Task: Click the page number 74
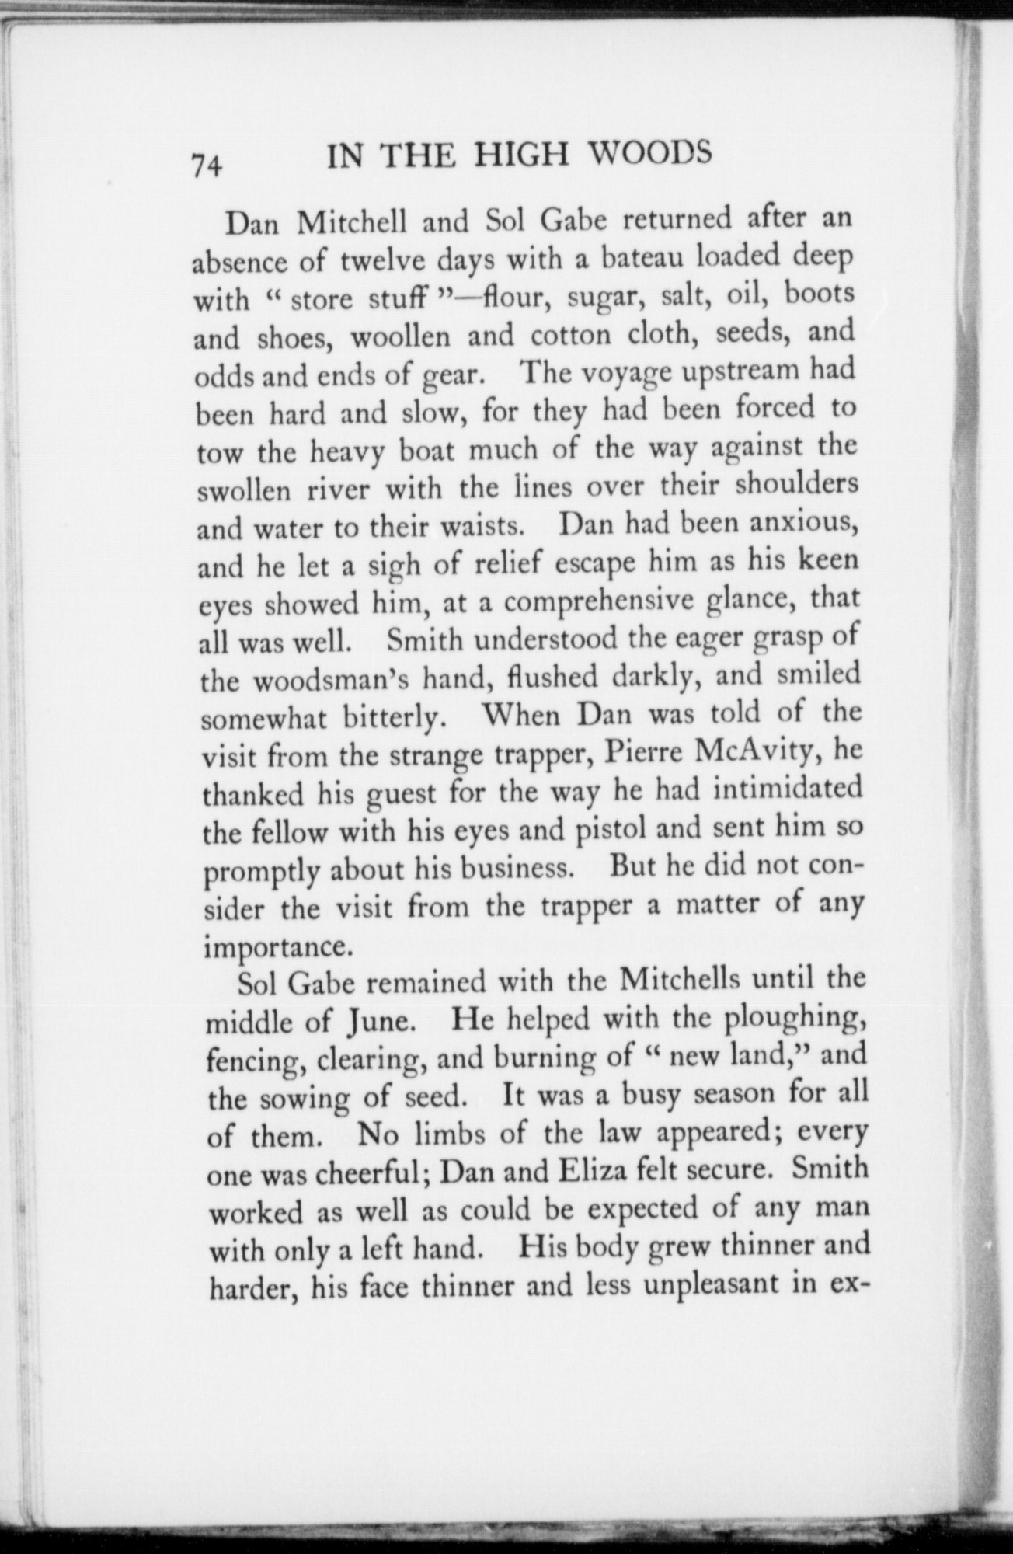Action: pos(207,166)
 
